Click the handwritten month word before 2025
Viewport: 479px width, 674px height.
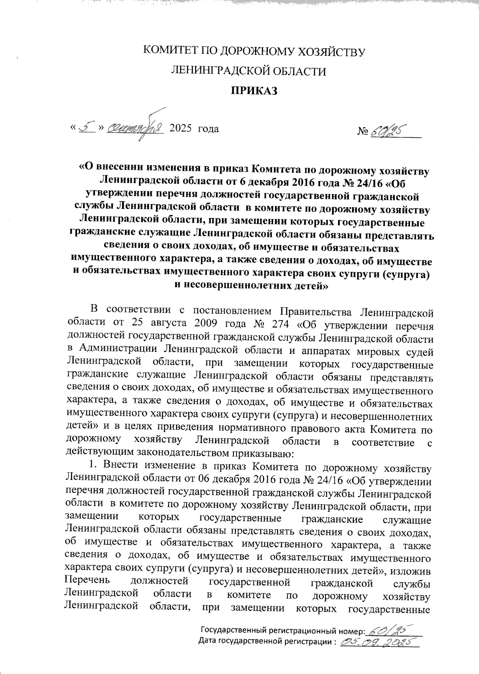point(136,129)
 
